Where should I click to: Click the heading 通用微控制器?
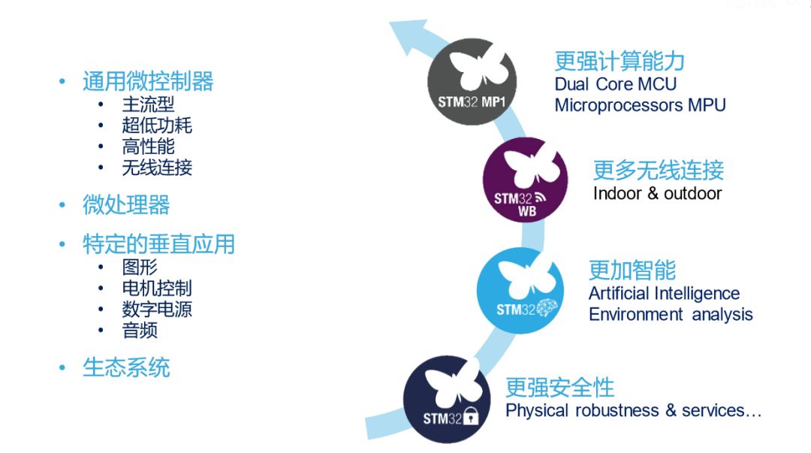click(148, 81)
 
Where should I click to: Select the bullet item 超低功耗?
click(157, 125)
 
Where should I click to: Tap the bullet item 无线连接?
click(157, 168)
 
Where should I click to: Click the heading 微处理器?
click(126, 204)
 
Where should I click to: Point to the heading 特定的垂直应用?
click(158, 244)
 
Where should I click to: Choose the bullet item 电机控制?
click(157, 288)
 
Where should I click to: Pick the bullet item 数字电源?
click(157, 309)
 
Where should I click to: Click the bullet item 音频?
click(140, 330)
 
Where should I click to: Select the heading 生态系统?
click(126, 367)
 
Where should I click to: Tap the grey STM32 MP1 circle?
click(472, 81)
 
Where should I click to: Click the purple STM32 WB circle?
click(525, 180)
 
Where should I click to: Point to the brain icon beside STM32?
click(547, 308)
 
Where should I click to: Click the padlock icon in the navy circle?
click(471, 415)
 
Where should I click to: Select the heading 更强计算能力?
click(620, 61)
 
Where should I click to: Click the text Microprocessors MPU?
click(641, 105)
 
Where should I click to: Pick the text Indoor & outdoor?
click(657, 194)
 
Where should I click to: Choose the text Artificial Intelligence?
click(664, 294)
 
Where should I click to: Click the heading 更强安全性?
click(559, 387)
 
